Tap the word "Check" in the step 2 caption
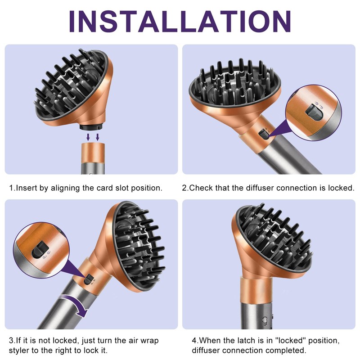201,188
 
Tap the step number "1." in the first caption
12,188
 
